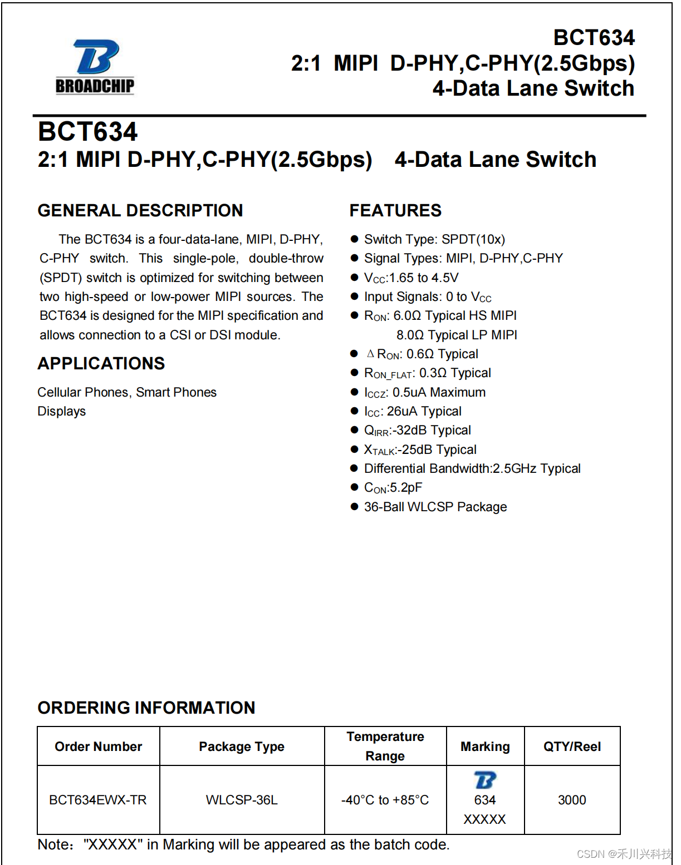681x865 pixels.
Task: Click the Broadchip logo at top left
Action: [95, 66]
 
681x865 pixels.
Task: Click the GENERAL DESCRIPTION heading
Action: [140, 210]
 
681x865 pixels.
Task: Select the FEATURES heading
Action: [395, 210]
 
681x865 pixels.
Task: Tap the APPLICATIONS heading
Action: [101, 363]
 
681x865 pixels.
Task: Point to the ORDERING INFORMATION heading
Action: [146, 708]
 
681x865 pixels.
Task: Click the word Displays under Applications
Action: [62, 411]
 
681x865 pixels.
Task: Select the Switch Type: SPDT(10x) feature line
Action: [434, 239]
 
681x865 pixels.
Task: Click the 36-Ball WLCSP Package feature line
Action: [435, 507]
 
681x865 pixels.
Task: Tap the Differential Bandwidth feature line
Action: [472, 468]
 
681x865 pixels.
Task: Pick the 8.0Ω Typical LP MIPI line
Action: [457, 335]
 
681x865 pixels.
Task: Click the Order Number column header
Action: [99, 747]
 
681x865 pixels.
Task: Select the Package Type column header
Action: [242, 747]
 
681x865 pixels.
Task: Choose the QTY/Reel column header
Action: [572, 747]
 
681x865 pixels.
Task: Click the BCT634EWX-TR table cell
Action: [98, 800]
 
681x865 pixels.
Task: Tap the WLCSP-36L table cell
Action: [242, 800]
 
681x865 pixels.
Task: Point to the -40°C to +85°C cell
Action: [385, 800]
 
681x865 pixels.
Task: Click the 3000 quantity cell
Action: [572, 800]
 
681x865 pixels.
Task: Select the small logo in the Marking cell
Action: [485, 780]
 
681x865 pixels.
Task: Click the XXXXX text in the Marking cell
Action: [485, 819]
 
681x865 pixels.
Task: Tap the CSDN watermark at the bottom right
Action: [624, 854]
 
